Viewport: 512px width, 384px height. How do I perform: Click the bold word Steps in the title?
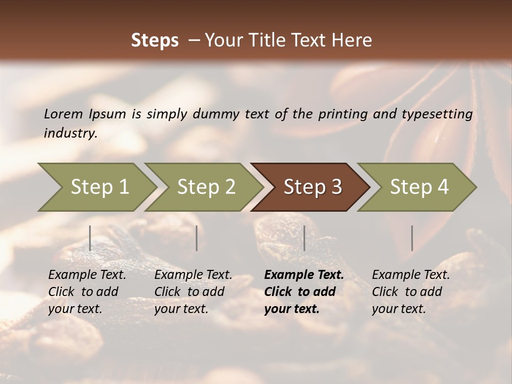click(155, 41)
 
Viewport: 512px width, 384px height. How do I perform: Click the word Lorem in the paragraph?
click(63, 114)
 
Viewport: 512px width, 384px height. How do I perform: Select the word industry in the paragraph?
click(70, 133)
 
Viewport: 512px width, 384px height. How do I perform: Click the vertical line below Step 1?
click(90, 238)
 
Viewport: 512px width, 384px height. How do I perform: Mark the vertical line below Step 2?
click(197, 238)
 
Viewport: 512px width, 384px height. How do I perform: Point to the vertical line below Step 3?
click(304, 238)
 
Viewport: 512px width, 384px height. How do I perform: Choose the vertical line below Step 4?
click(412, 238)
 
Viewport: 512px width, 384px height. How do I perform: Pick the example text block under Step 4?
click(411, 292)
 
